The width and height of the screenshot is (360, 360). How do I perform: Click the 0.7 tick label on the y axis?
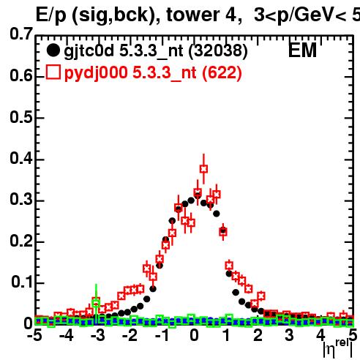click(21, 34)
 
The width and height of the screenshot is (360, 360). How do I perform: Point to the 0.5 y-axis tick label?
click(21, 117)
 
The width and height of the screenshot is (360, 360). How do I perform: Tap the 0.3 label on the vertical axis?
click(21, 199)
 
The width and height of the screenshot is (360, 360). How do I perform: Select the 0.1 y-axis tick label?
click(22, 282)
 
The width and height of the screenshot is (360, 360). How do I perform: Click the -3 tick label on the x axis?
click(98, 335)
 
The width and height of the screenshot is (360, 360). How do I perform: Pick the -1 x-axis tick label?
click(162, 335)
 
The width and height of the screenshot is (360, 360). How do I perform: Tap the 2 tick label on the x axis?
click(258, 335)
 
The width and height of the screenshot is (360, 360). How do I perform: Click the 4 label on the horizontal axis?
click(321, 335)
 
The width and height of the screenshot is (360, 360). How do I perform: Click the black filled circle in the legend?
click(53, 50)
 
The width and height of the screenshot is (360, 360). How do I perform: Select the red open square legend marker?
click(53, 72)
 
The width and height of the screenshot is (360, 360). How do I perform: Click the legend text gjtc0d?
click(89, 51)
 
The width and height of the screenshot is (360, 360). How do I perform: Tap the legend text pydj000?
click(96, 73)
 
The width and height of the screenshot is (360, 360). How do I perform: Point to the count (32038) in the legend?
click(218, 50)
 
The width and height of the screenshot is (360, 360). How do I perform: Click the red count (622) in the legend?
click(222, 72)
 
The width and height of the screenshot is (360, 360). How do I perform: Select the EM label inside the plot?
click(302, 50)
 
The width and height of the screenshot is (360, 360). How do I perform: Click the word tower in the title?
click(193, 15)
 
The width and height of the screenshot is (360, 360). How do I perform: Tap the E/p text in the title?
click(51, 15)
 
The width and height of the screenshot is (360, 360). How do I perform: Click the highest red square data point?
click(204, 169)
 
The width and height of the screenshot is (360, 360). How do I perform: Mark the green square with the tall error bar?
click(96, 303)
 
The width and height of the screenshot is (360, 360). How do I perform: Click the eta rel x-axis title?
click(338, 349)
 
